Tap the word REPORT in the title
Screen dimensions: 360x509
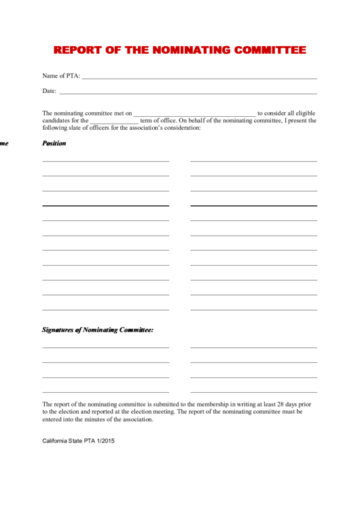(x=77, y=50)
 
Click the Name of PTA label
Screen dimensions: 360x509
(x=61, y=76)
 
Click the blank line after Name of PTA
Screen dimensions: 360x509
(x=199, y=78)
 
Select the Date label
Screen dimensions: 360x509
(x=49, y=91)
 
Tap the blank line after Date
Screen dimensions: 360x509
(x=188, y=93)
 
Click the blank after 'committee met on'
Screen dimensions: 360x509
(x=194, y=115)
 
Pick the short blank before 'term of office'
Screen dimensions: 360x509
(x=114, y=122)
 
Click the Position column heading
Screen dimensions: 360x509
(x=54, y=143)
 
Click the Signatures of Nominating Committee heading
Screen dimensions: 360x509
(x=98, y=330)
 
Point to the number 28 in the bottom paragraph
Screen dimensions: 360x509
(x=276, y=404)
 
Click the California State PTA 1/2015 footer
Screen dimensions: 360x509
(x=78, y=440)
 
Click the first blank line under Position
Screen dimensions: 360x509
(x=105, y=161)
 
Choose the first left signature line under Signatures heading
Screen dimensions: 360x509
(x=105, y=347)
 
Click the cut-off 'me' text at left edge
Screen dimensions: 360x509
(x=4, y=143)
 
